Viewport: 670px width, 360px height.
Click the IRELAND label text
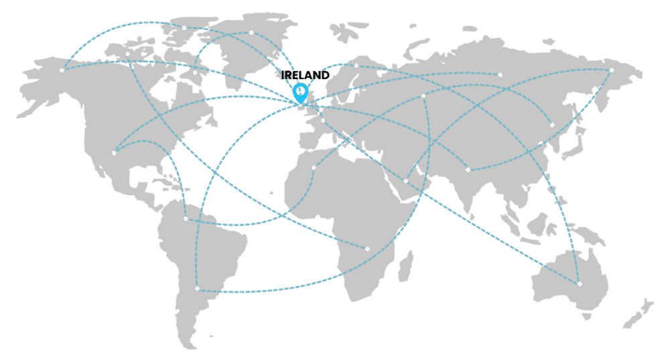click(306, 75)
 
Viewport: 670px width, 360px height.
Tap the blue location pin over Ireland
click(300, 92)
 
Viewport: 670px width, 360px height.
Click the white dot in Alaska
click(62, 70)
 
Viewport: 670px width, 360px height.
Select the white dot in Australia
click(580, 284)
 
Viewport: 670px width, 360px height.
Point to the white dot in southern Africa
click(367, 249)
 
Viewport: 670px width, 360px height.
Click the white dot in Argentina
click(197, 288)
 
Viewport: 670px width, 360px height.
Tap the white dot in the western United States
click(114, 153)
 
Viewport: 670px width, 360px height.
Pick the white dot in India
click(468, 170)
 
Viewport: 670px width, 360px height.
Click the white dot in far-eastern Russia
click(612, 70)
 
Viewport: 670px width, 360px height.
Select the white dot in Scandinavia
click(356, 66)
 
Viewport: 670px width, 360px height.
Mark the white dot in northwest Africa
click(314, 168)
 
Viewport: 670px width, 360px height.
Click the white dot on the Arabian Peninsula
click(405, 181)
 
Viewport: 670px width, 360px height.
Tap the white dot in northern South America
click(186, 219)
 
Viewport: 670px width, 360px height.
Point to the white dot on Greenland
click(251, 32)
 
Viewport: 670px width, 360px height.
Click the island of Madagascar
click(404, 265)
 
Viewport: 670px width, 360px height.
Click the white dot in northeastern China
click(552, 125)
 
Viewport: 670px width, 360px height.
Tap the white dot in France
click(322, 121)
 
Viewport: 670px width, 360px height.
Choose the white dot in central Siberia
click(500, 74)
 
